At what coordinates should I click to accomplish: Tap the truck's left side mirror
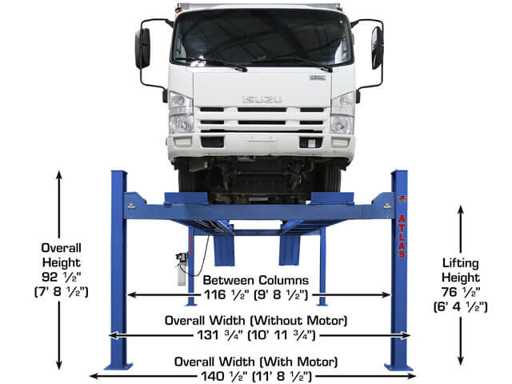pyautogui.click(x=142, y=48)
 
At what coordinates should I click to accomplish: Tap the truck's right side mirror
pyautogui.click(x=377, y=47)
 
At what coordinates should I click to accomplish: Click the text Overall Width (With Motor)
pyautogui.click(x=256, y=360)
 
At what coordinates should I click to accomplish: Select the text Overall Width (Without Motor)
pyautogui.click(x=256, y=321)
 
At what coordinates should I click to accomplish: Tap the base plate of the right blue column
pyautogui.click(x=398, y=367)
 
